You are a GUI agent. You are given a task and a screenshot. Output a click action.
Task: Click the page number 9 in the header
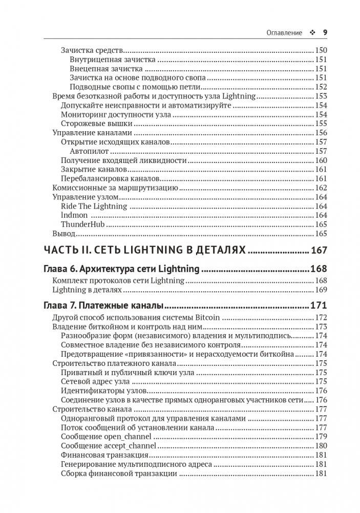(x=325, y=32)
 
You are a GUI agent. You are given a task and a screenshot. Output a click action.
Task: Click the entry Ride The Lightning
(x=94, y=206)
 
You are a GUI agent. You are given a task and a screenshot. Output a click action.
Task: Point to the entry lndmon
(x=74, y=215)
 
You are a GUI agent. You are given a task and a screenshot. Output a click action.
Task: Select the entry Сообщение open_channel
(x=106, y=437)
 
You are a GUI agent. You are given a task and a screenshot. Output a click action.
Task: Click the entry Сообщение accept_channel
(x=108, y=446)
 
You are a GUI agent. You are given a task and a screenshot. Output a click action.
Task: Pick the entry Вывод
(x=64, y=234)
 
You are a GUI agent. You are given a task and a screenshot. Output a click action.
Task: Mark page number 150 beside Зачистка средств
(x=321, y=50)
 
